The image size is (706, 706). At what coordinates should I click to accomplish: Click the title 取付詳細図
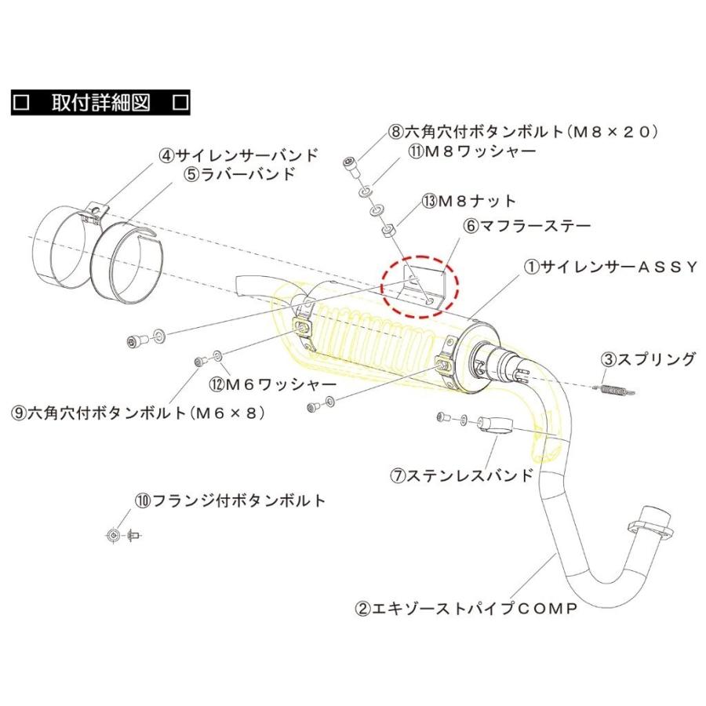click(x=100, y=102)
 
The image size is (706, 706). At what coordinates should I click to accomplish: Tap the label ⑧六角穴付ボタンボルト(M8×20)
click(x=521, y=132)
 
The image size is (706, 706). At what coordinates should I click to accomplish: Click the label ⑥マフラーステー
click(x=526, y=225)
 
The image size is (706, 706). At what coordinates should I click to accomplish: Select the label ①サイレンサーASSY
click(x=609, y=267)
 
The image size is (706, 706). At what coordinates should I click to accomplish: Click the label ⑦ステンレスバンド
click(x=463, y=475)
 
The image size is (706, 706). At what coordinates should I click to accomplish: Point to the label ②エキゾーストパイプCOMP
click(x=466, y=608)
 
